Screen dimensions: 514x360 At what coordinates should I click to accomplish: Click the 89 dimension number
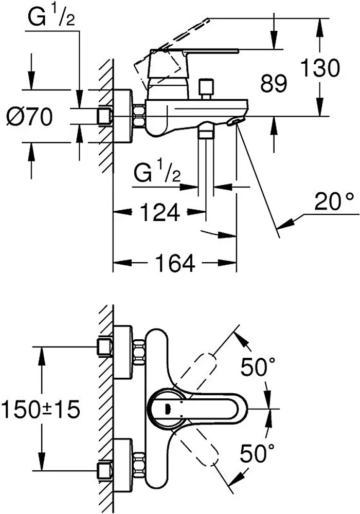[273, 84]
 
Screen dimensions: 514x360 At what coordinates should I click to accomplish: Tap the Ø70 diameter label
[29, 118]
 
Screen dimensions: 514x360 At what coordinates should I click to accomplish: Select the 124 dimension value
[159, 211]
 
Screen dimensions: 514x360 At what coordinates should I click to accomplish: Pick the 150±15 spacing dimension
[40, 410]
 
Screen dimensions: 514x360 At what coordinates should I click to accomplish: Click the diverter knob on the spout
[207, 87]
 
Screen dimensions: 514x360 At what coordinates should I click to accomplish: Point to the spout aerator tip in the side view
[235, 121]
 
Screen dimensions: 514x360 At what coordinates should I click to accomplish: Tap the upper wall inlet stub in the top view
[105, 347]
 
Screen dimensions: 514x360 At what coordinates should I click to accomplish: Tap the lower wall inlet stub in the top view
[105, 468]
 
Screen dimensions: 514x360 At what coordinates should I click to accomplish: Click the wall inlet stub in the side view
[105, 116]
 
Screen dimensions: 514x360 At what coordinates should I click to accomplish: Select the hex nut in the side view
[138, 116]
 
